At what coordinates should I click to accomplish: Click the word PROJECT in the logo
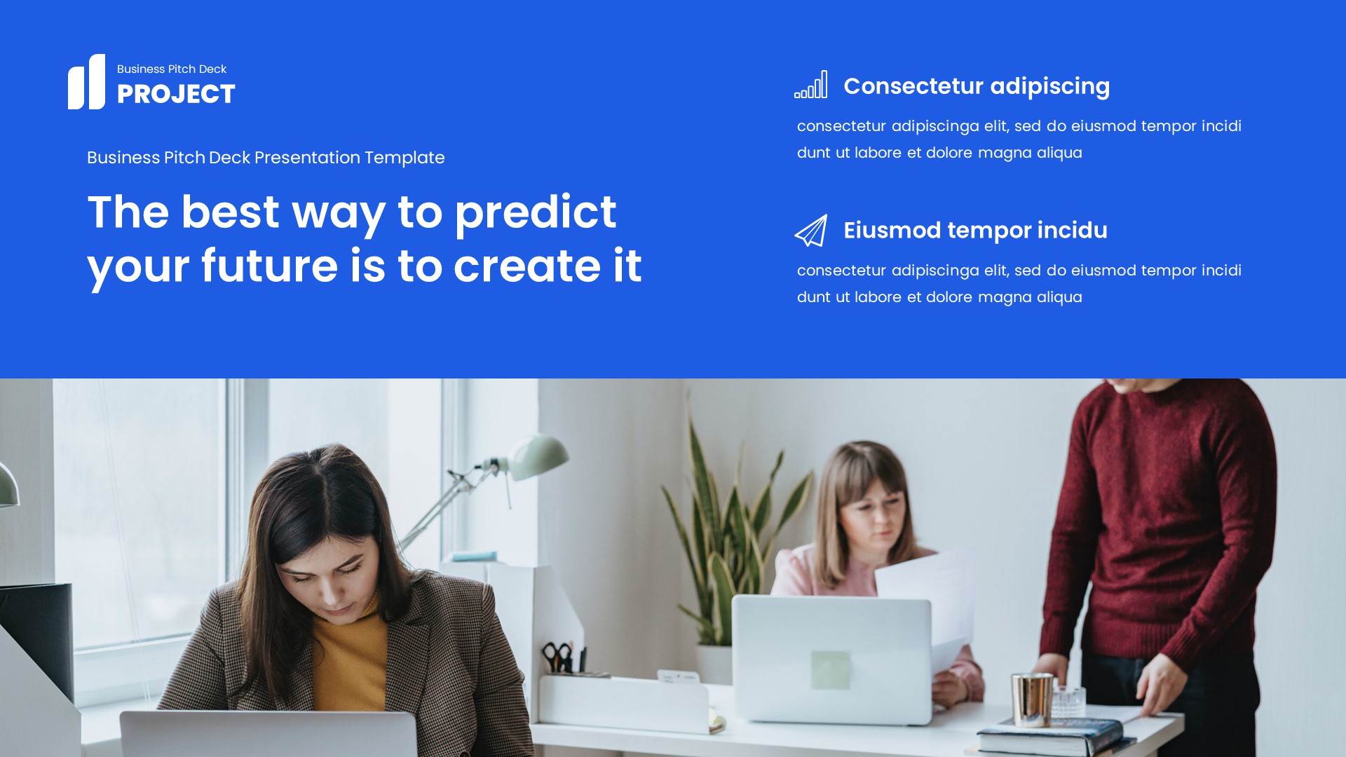click(176, 95)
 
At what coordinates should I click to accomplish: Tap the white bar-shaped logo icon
click(87, 82)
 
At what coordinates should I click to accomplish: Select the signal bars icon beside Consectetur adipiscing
click(811, 85)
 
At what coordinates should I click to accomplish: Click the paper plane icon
click(811, 231)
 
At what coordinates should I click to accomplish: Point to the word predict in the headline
click(536, 212)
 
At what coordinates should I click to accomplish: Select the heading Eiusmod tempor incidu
click(975, 231)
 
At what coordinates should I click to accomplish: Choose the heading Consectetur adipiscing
click(977, 86)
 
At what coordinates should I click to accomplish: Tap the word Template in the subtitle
click(405, 158)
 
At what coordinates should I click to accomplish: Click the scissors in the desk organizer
click(557, 657)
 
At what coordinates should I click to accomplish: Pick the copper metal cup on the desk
click(1031, 699)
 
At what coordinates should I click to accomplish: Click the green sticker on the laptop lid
click(831, 669)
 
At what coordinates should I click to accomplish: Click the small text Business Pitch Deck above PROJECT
click(172, 69)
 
